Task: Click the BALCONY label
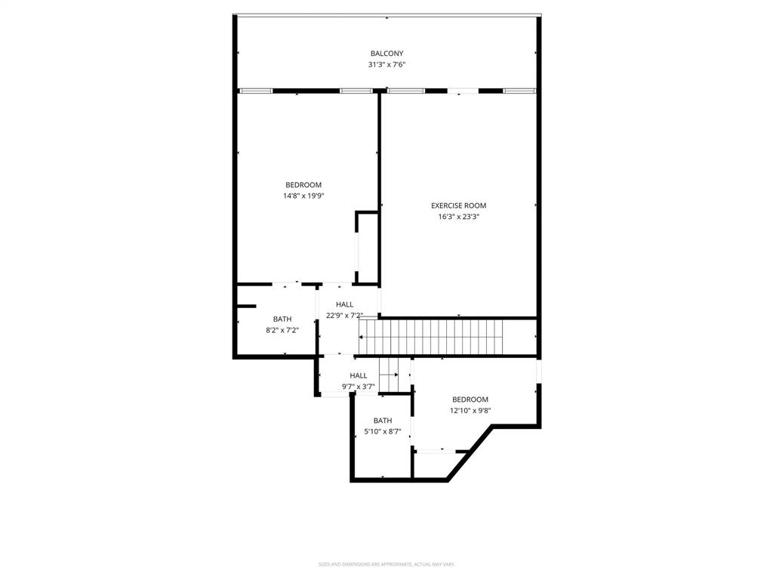(386, 54)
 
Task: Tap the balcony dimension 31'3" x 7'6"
(386, 65)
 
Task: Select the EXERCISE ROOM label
(458, 205)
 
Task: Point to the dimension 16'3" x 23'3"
(458, 217)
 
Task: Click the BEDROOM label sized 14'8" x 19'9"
(303, 185)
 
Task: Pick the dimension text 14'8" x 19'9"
(303, 196)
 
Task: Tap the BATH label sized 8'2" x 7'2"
(282, 319)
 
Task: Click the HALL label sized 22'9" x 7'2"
(344, 304)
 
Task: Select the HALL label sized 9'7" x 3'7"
(358, 375)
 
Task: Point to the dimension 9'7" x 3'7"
(358, 387)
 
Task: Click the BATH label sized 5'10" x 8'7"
(383, 421)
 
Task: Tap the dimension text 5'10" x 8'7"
(383, 432)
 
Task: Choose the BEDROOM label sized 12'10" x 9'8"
(470, 400)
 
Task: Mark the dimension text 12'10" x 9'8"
(470, 411)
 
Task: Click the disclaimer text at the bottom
(386, 564)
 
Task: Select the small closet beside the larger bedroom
(368, 248)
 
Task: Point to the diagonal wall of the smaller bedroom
(470, 453)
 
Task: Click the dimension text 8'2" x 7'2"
(282, 330)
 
